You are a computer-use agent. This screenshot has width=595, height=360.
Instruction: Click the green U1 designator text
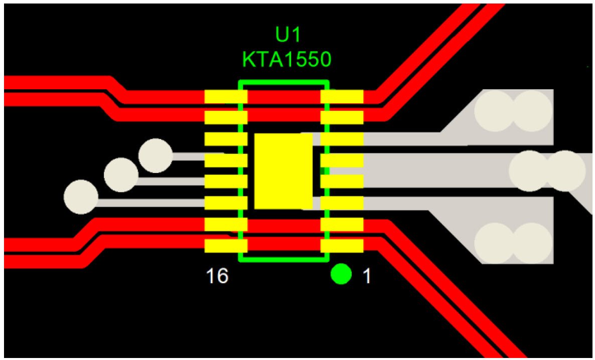(x=287, y=36)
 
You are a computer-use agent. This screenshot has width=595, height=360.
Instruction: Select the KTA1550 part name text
(x=286, y=59)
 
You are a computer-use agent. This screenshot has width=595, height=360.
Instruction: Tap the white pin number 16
(x=217, y=276)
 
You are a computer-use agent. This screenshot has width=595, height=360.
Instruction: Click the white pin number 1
(x=367, y=276)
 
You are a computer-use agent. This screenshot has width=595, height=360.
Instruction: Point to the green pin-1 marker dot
(x=341, y=274)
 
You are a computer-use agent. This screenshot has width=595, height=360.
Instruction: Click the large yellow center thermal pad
(x=283, y=171)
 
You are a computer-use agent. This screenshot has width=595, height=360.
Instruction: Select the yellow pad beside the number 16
(x=226, y=246)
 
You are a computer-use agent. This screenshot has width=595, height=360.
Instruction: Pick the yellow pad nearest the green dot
(x=342, y=246)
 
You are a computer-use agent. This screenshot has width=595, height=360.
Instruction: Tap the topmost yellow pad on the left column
(x=226, y=97)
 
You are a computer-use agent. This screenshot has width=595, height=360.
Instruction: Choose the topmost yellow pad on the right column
(x=342, y=97)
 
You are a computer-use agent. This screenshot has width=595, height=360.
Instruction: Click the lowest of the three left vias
(x=81, y=197)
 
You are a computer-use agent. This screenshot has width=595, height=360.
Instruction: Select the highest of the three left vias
(x=156, y=155)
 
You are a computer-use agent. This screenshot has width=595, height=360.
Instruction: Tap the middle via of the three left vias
(x=121, y=174)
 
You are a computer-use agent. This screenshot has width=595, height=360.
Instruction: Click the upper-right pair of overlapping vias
(x=513, y=111)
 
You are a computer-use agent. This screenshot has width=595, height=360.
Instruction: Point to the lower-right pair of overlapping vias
(x=513, y=243)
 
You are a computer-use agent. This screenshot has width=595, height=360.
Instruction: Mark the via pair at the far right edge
(x=547, y=170)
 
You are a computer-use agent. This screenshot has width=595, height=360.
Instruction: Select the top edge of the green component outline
(x=283, y=82)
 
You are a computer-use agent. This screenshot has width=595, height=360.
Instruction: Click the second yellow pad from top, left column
(x=226, y=117)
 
